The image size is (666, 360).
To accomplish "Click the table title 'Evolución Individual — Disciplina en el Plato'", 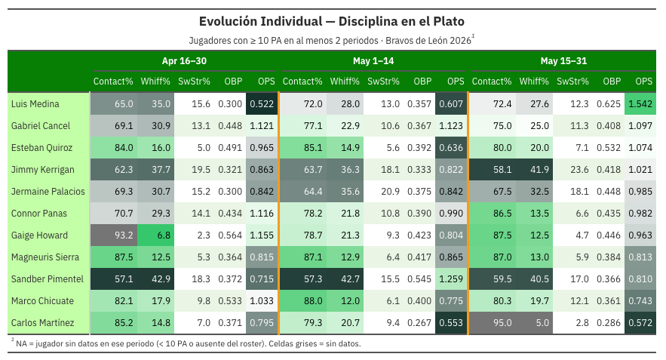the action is pos(332,21).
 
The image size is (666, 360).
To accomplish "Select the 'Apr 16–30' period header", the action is pos(184,61).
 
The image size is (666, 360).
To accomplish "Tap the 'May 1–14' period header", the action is pos(373,61).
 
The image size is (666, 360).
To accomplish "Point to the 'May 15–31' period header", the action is pos(563,61).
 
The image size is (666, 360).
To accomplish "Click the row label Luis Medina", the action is pos(35,103).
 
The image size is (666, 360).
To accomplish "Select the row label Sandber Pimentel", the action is pos(48,278).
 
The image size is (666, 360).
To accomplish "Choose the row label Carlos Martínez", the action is pos(42,322).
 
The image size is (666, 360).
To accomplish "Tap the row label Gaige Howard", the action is pos(39,235).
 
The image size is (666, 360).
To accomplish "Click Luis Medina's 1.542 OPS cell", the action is pos(640,103).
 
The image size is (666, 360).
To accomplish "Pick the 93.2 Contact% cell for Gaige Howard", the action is pos(114,235).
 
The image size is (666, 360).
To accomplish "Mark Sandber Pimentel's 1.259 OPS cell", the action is pos(451,278).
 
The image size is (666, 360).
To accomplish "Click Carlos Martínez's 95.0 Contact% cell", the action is pos(493,322).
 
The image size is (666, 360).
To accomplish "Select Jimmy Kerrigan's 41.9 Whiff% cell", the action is pos(534,169).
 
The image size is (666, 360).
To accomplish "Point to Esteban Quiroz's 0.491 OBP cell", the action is pos(230,147).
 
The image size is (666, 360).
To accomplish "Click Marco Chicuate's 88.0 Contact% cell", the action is pos(303,300).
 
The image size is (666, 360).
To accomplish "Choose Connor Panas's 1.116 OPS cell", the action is pos(262,213).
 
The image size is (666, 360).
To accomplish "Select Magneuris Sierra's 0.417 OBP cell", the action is pos(419,257).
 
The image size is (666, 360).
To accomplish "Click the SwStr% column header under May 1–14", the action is pos(384,82).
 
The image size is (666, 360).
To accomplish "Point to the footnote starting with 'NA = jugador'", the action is pos(188,343).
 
